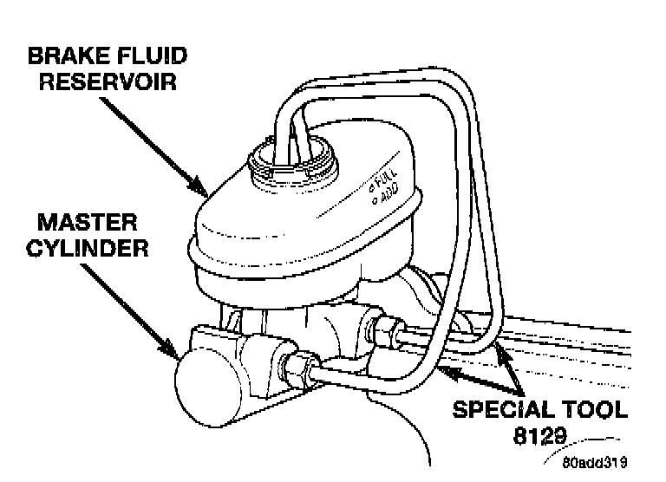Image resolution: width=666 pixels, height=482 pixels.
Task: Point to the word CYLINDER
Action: (87, 248)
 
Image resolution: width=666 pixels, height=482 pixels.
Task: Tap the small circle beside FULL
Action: (369, 187)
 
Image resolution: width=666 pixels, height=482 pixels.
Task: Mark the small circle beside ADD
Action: (375, 203)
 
